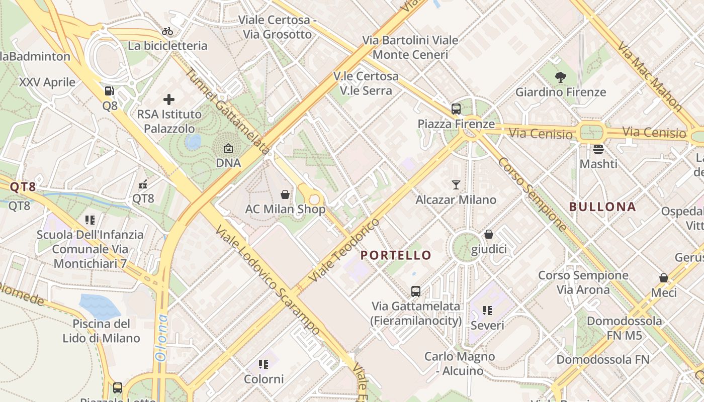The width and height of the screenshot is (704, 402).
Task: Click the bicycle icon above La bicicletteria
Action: (x=167, y=31)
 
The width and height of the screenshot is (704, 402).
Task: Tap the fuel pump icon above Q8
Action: (x=109, y=91)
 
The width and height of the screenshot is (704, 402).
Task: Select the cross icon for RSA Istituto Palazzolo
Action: (x=169, y=99)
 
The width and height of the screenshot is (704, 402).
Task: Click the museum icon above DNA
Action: (x=228, y=148)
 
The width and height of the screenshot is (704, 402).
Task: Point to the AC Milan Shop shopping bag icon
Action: (x=285, y=194)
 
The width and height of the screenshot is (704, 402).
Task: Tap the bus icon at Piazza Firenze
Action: (x=456, y=109)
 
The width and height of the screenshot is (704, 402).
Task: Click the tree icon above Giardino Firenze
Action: (x=561, y=77)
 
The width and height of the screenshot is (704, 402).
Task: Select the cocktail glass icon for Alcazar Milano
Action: (x=456, y=185)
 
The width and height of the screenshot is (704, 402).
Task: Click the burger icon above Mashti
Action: (x=598, y=149)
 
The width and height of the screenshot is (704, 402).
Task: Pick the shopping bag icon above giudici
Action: (x=489, y=234)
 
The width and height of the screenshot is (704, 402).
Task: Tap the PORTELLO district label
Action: (x=396, y=255)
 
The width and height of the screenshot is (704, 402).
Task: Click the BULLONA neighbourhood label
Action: (x=602, y=207)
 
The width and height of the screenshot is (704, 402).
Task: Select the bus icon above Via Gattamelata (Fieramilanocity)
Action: (x=416, y=291)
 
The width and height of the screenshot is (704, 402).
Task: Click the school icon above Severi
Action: (x=487, y=311)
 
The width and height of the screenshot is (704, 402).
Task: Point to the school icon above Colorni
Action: (x=263, y=364)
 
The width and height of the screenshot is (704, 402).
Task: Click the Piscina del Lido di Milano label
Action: (x=101, y=331)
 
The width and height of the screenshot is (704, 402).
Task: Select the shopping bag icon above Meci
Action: (x=664, y=278)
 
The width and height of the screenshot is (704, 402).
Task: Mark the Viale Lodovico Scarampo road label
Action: (x=268, y=280)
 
